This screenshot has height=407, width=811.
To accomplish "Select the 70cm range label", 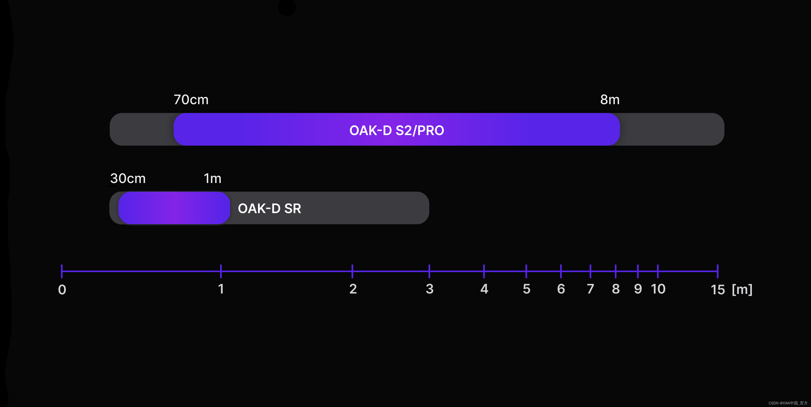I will coord(191,100).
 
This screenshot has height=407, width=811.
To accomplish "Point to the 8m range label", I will coord(610,100).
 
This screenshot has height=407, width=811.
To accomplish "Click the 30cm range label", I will coord(128,178).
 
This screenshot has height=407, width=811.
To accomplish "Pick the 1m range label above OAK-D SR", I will coord(213,178).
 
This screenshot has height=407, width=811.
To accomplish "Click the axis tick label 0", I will coord(62,289).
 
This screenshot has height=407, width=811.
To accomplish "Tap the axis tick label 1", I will coord(221,289).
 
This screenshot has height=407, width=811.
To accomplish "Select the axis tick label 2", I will coord(353,289).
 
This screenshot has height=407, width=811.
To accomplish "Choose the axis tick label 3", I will coord(429,289).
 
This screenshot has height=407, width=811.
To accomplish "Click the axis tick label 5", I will coord(526,289).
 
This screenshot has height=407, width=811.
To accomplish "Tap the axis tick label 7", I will coord(590,289).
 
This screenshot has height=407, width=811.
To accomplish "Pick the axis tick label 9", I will coord(638,289).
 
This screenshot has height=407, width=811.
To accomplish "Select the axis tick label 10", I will coord(658,289).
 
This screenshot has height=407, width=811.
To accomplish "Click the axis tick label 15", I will coord(718,289).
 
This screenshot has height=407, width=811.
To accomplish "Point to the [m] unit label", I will coord(742,289).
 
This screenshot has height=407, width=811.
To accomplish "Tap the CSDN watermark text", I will coord(788,403).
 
